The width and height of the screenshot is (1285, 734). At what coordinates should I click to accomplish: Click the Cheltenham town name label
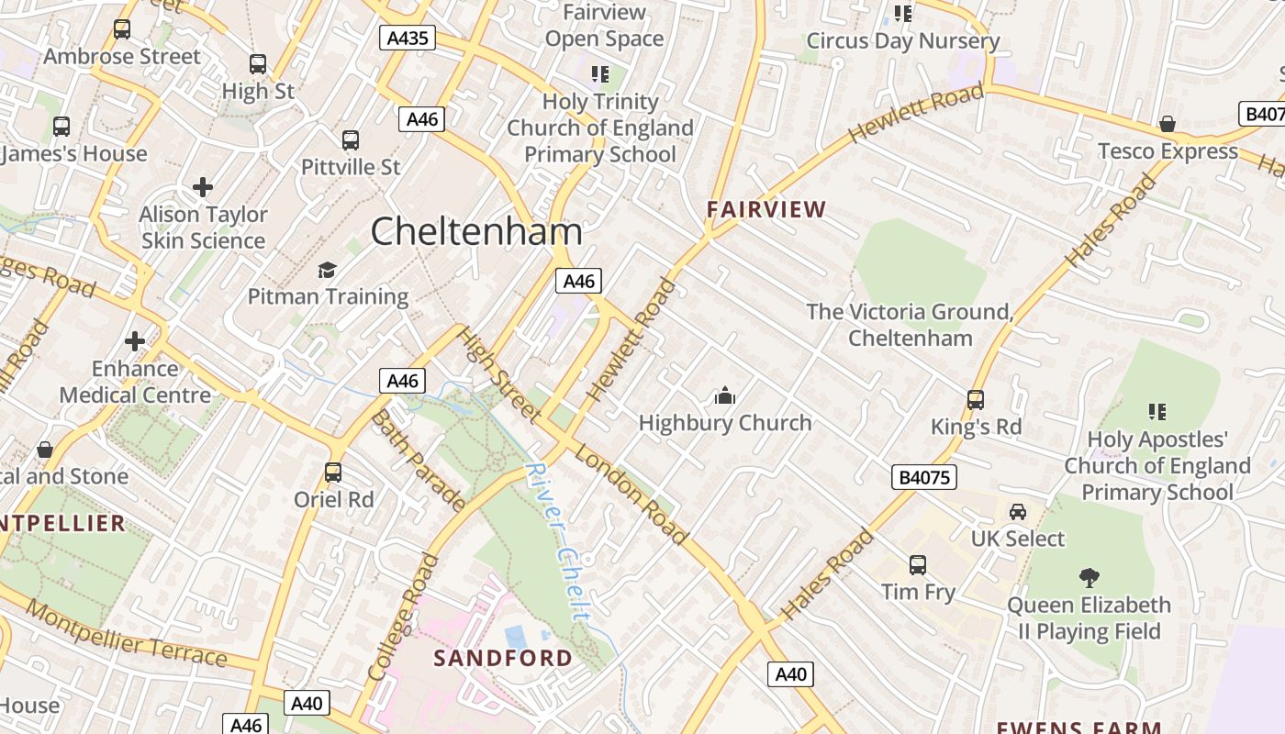coord(476,231)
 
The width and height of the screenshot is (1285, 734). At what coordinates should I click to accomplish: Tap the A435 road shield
coord(407,38)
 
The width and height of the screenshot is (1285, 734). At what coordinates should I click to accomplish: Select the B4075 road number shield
coord(924,477)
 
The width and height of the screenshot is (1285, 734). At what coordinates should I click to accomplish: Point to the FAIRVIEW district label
coord(766,209)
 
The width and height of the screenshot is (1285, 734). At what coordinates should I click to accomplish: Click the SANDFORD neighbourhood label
coord(503,658)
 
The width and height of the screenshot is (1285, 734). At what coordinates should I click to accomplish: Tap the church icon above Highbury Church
coord(725,396)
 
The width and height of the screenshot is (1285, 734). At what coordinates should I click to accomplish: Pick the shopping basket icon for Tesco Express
coord(1168,124)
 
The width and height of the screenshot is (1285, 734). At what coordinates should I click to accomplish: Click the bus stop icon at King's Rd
coord(976,400)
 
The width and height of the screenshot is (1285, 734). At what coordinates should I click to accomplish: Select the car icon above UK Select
coord(1018,512)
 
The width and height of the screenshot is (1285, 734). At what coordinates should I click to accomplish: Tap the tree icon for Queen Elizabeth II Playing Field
coord(1089,578)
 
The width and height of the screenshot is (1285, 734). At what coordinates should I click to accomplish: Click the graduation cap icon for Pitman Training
coord(328,270)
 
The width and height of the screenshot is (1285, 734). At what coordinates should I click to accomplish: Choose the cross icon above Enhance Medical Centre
coord(135,341)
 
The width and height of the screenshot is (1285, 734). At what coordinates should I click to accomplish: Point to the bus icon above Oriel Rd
coord(333,473)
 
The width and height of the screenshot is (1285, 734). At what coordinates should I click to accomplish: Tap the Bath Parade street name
coord(418,459)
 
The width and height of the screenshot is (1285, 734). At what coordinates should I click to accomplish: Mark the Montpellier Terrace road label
coord(126,633)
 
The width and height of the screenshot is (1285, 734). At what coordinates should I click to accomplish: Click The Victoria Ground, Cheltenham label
coord(910,325)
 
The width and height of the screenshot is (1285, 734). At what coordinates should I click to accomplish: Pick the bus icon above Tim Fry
coord(918,565)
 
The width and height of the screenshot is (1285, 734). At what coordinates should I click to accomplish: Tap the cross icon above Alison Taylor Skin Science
coord(203,187)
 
